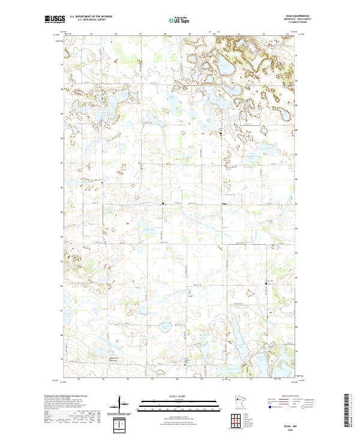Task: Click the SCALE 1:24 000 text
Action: pyautogui.click(x=177, y=395)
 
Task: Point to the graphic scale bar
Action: pyautogui.click(x=177, y=404)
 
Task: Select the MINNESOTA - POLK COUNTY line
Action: pyautogui.click(x=294, y=20)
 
